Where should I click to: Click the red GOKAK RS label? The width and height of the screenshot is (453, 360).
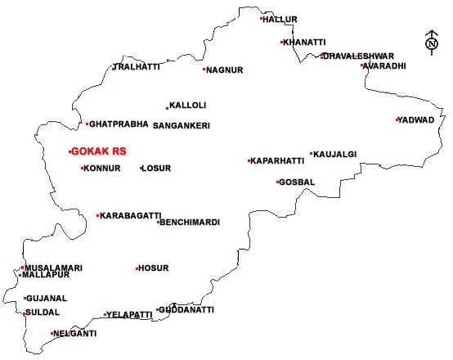click(x=99, y=151)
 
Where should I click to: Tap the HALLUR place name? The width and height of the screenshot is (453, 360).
click(x=280, y=19)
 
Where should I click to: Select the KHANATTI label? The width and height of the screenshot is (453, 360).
click(x=304, y=42)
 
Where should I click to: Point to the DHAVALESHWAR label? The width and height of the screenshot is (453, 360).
click(x=359, y=56)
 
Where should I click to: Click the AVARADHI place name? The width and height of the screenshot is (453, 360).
click(x=384, y=66)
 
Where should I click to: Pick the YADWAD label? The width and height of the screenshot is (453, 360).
click(x=416, y=119)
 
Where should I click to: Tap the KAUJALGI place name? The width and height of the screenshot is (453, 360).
click(x=335, y=154)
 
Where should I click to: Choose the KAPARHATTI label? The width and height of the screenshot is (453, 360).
click(x=277, y=161)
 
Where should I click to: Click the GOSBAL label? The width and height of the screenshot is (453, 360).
click(x=297, y=182)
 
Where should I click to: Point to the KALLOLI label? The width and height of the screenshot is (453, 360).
click(x=188, y=106)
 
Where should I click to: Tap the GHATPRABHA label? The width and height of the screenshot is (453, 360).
click(x=119, y=124)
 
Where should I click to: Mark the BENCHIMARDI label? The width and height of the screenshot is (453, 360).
click(x=190, y=223)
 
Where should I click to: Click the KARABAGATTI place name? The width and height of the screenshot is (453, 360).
click(x=131, y=216)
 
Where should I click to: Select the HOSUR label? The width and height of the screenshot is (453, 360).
click(x=154, y=268)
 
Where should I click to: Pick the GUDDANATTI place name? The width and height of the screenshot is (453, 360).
click(x=186, y=310)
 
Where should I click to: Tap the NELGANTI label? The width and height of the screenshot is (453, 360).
click(x=75, y=334)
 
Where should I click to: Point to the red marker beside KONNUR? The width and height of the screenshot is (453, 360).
click(x=82, y=169)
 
